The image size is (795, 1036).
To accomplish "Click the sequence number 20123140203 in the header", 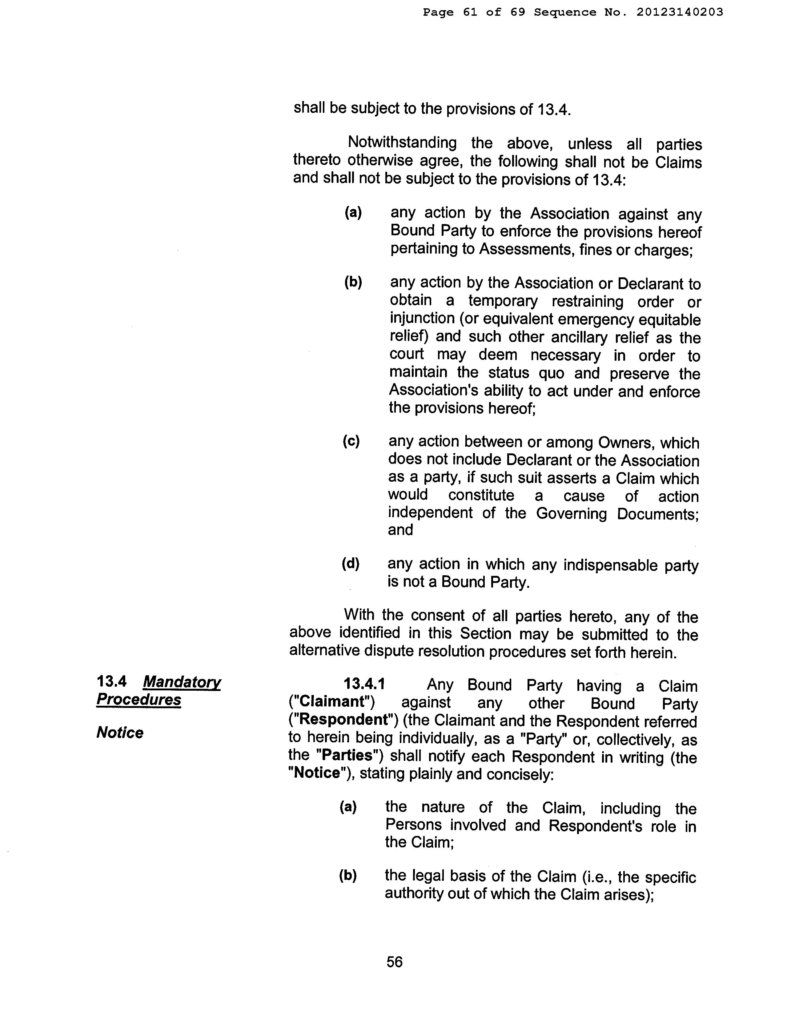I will pyautogui.click(x=680, y=12).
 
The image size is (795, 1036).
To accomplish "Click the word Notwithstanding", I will pyautogui.click(x=402, y=143).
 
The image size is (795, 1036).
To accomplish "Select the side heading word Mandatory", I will pyautogui.click(x=182, y=682).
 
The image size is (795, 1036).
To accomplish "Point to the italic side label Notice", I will pyautogui.click(x=120, y=733).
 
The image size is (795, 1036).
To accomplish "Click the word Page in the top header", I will pyautogui.click(x=438, y=12).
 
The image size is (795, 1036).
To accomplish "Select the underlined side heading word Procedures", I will pyautogui.click(x=139, y=700).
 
